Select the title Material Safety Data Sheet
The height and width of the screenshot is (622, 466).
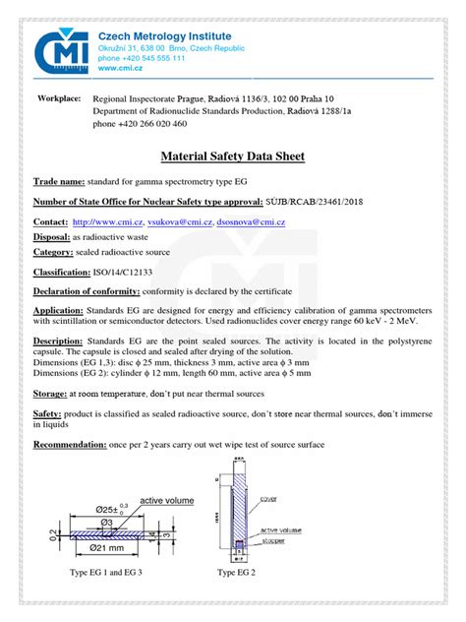click(233, 156)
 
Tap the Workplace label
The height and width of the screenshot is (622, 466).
click(59, 99)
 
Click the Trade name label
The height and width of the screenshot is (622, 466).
click(62, 183)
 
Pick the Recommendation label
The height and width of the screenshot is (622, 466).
click(80, 445)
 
